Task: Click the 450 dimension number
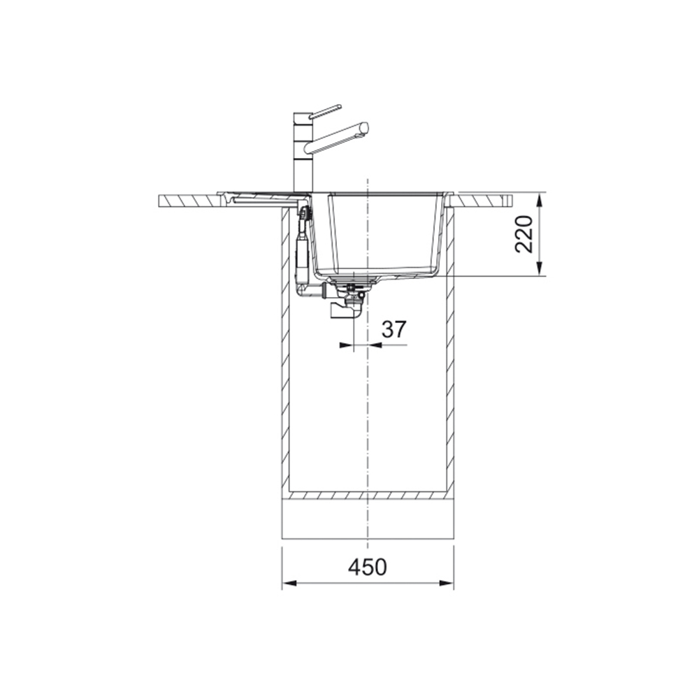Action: [368, 567]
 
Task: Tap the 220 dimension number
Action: [524, 234]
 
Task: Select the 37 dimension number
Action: [394, 329]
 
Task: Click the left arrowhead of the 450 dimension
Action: [289, 583]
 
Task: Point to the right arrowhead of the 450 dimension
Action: [447, 583]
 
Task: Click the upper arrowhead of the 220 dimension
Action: [540, 200]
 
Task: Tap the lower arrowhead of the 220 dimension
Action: [540, 269]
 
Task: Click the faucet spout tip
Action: [365, 127]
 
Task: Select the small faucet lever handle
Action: [326, 111]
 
